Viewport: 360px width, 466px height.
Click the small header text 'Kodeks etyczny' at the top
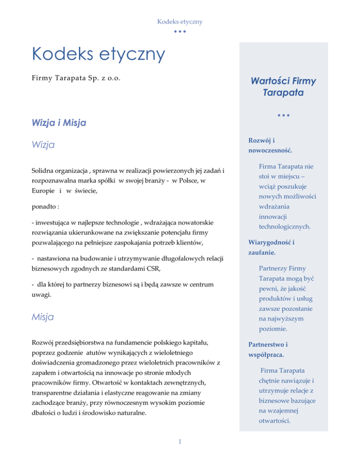click(180, 22)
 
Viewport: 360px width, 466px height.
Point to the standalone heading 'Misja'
click(43, 317)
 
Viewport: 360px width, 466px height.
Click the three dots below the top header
click(180, 32)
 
